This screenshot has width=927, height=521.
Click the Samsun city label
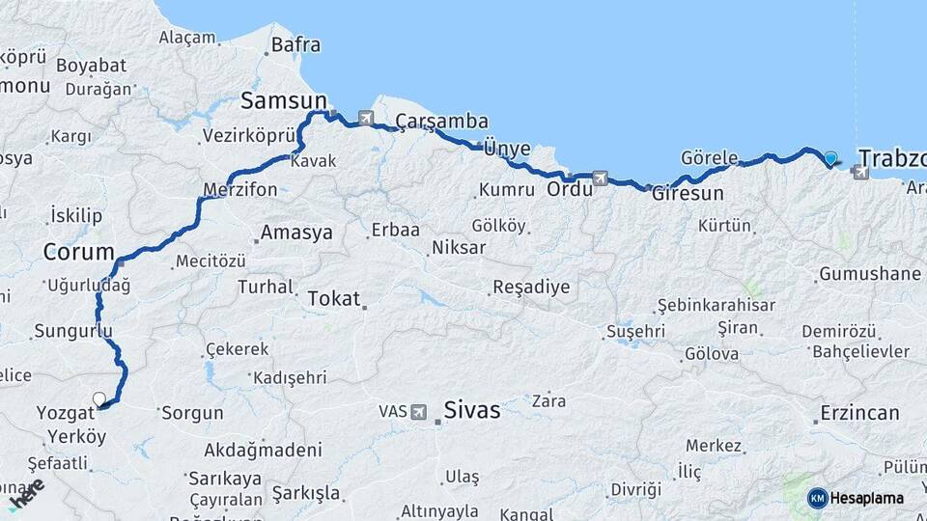coord(284,100)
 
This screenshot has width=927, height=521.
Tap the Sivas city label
coord(471,410)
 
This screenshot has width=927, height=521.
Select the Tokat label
coord(333,299)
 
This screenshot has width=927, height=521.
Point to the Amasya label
coord(296,233)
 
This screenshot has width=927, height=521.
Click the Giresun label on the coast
coord(688,193)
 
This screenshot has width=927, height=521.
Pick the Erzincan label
coord(859,413)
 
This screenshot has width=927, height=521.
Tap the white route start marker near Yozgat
coord(98,398)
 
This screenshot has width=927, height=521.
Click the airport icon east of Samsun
coord(366,118)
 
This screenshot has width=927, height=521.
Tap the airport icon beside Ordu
coord(600,178)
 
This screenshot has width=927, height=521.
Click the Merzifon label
coord(240,189)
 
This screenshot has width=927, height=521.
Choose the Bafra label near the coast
coord(295,44)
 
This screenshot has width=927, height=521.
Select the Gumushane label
coord(869,274)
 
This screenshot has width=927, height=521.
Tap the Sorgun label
coord(192,413)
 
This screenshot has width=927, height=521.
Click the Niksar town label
coord(459,248)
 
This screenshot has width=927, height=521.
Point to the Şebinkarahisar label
coord(716,305)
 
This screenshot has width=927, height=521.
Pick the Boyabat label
coord(91,66)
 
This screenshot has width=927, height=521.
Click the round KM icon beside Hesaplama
coord(818,498)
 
